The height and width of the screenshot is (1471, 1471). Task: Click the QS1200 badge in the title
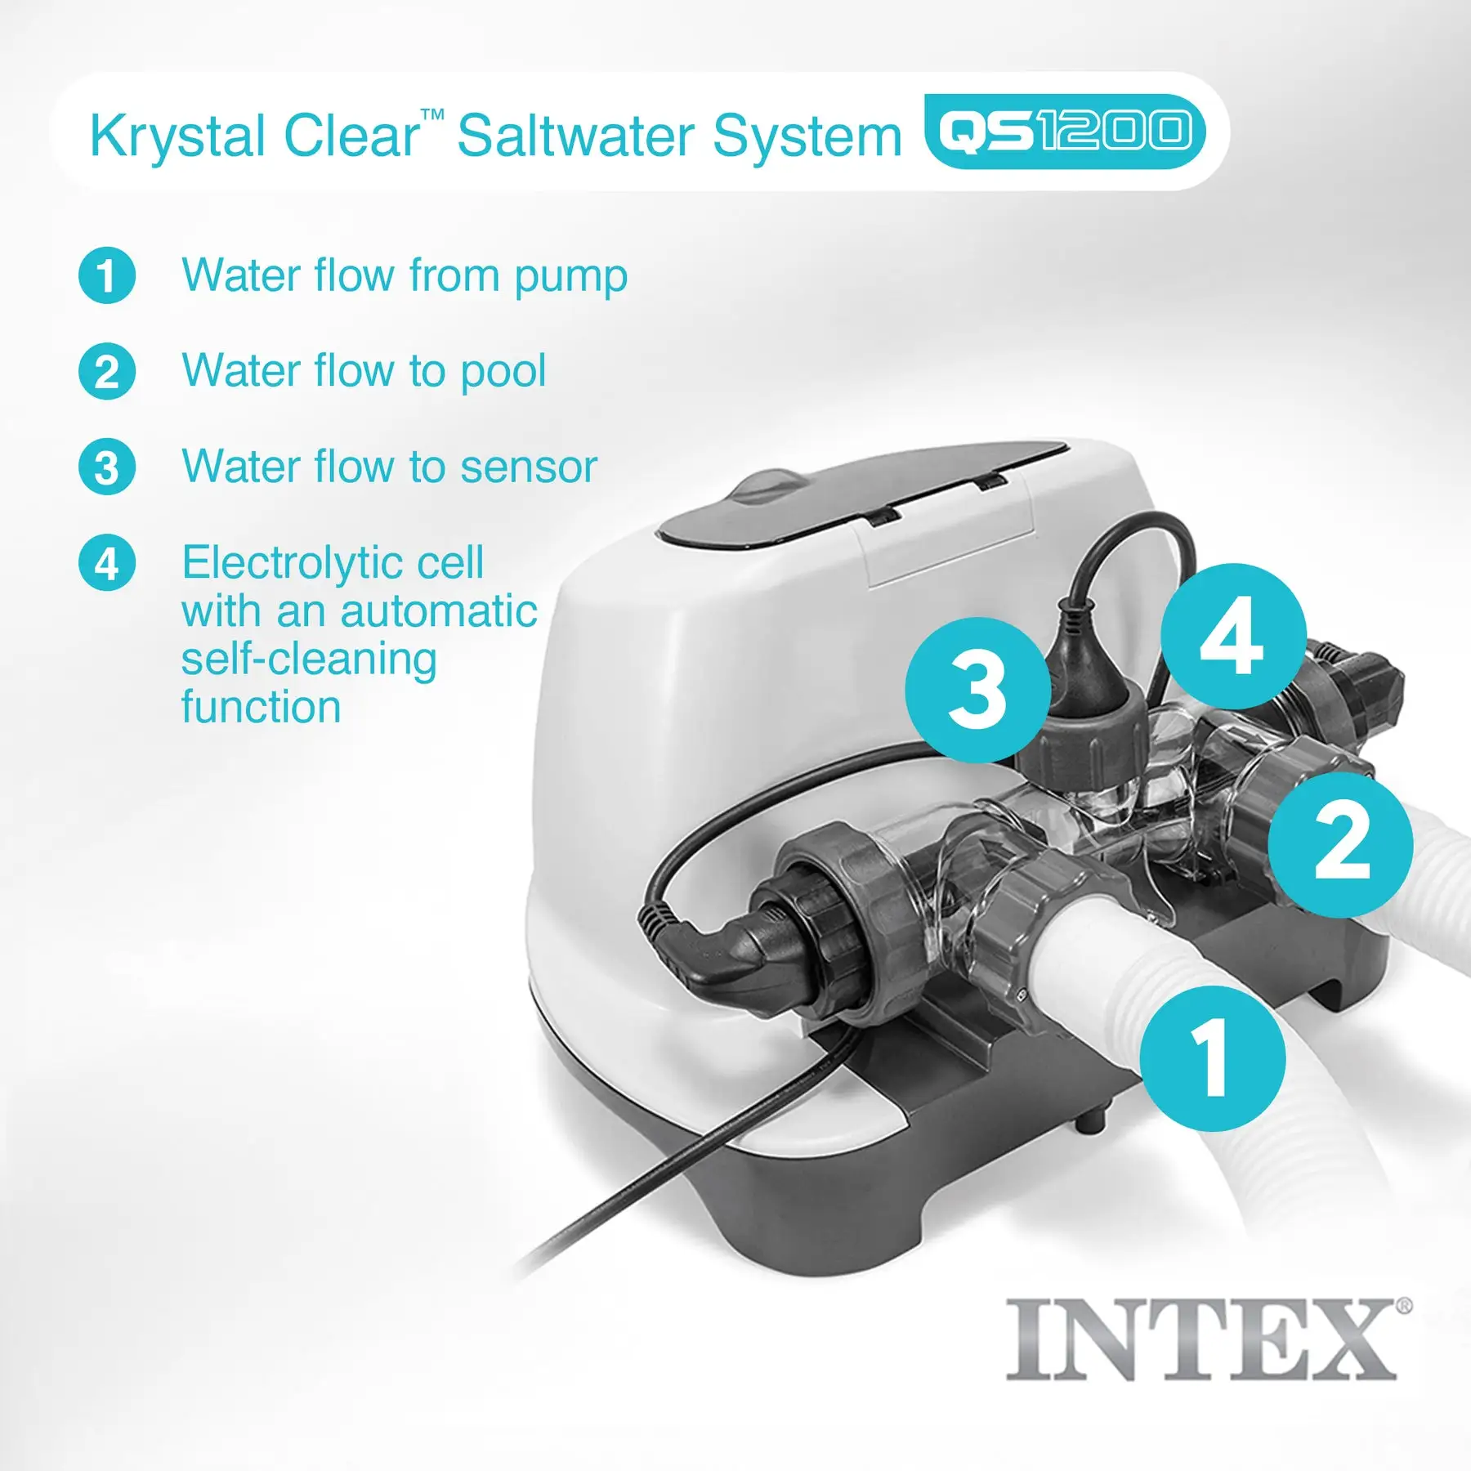click(1064, 132)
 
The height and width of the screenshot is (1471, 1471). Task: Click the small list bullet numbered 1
click(107, 275)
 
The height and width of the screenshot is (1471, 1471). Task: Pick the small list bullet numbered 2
click(107, 372)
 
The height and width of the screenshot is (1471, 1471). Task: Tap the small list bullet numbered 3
click(107, 467)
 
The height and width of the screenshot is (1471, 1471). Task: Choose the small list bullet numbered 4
click(107, 564)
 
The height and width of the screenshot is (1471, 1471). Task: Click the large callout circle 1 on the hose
click(1212, 1057)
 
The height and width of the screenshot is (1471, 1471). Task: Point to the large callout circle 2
click(1340, 844)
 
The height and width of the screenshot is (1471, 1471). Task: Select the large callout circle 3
click(977, 689)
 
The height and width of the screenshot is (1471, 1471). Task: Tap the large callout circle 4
click(1232, 636)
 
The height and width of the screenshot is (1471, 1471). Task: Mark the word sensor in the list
click(528, 467)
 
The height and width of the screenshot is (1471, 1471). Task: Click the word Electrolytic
click(333, 563)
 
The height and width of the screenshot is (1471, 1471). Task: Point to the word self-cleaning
click(309, 660)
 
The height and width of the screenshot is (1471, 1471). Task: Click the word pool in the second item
click(503, 373)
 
